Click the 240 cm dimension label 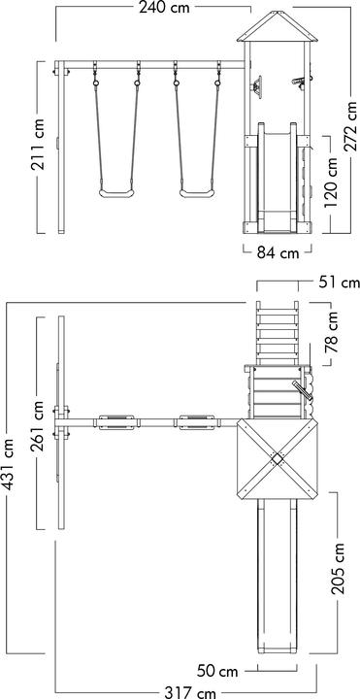(164, 8)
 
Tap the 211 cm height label (38, 145)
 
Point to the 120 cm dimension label (331, 183)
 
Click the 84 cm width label (278, 252)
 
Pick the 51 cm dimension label (339, 283)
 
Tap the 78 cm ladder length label (333, 333)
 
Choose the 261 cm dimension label (38, 426)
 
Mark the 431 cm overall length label (8, 464)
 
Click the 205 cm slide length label (338, 568)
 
